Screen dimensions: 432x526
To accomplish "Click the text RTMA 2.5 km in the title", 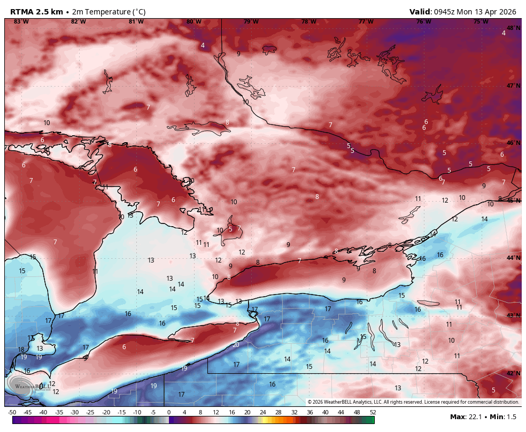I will click(36, 12).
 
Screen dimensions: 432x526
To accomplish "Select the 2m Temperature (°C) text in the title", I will click(107, 12).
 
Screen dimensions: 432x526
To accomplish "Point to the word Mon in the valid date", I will click(472, 12).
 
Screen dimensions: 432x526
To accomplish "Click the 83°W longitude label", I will click(21, 21).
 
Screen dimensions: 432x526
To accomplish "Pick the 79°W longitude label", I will click(251, 21).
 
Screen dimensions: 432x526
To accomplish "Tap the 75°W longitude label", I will click(481, 21).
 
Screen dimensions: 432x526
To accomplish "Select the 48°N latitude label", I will click(513, 28).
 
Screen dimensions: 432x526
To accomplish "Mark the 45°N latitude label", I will click(513, 200).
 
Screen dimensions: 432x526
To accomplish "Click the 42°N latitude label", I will click(513, 373).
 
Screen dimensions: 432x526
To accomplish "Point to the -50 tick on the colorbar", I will click(12, 412).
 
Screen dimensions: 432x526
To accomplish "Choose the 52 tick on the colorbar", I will click(373, 412).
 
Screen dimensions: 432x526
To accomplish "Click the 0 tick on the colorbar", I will click(169, 412).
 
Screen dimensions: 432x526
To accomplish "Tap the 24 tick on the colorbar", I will click(263, 412).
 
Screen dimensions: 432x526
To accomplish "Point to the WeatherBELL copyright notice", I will click(413, 402).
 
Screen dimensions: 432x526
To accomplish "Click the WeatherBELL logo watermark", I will click(27, 385).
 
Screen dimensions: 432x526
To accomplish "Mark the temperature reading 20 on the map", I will click(236, 345).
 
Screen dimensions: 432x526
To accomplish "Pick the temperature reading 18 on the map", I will click(21, 349).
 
